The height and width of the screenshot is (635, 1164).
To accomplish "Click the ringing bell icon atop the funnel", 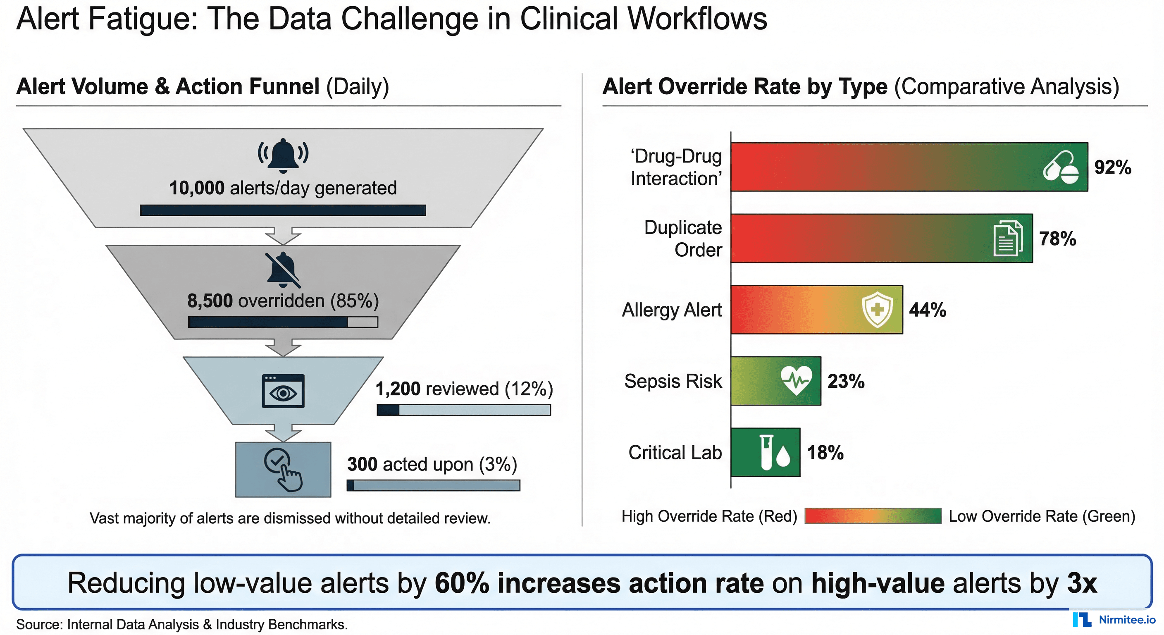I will (283, 155).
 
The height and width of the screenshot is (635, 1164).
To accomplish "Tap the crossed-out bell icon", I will (283, 270).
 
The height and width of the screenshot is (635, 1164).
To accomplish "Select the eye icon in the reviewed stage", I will (283, 392).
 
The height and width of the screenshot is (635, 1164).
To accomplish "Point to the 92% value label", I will (1112, 167).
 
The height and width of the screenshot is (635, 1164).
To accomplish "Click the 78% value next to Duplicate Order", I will (1057, 239).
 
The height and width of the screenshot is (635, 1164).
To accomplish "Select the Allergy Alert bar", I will (795, 310).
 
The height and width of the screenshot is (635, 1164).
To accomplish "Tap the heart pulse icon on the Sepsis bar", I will (796, 380).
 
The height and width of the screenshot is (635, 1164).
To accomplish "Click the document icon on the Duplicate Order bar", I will (1008, 239).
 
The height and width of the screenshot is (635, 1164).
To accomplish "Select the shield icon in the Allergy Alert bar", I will (877, 310).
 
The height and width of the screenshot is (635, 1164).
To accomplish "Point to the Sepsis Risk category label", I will (673, 381).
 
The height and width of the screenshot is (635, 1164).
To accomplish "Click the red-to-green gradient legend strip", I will (873, 516).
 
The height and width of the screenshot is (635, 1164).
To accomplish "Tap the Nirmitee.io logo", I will (1114, 620).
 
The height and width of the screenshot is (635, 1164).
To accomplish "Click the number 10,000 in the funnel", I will (197, 188).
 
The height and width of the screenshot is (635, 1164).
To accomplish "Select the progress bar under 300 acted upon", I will (433, 485).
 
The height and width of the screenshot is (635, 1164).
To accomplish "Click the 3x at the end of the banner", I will (1081, 583).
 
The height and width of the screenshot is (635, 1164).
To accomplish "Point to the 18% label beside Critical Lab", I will (825, 452).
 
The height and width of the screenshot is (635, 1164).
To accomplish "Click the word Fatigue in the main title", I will (143, 19).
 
